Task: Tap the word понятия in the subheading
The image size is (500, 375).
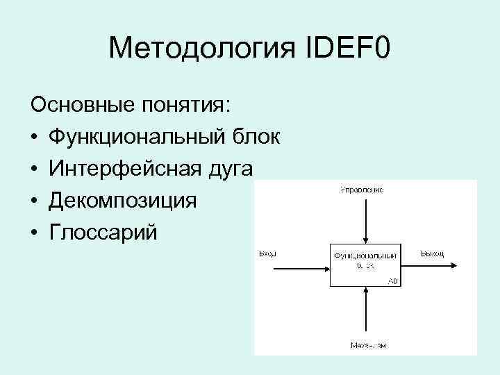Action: tap(188, 106)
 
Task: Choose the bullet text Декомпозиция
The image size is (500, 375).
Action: tap(122, 201)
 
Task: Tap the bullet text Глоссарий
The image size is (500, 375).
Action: tap(103, 233)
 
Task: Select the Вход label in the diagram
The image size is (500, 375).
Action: tap(267, 253)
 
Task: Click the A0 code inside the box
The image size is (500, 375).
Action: tap(393, 281)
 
